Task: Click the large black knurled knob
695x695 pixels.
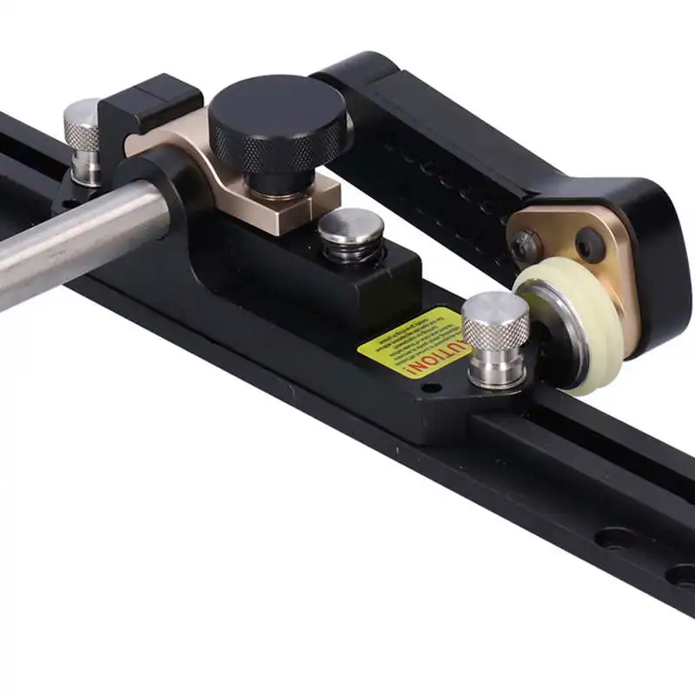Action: [276, 122]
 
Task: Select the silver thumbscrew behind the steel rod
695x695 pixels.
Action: [83, 139]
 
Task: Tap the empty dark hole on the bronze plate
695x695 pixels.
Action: [590, 245]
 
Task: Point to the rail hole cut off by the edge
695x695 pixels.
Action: [683, 574]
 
